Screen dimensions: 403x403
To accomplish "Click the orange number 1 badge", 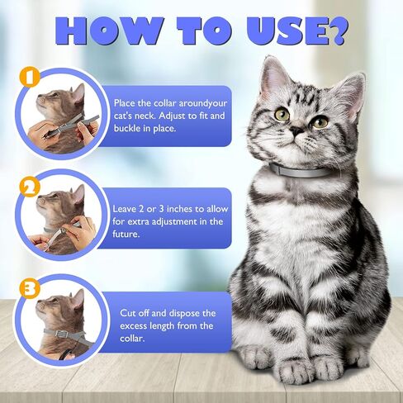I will tap(31, 78).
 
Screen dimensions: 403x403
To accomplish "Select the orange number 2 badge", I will tap(31, 187).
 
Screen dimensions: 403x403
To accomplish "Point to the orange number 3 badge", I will tap(31, 289).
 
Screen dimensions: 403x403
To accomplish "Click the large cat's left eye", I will tap(282, 115).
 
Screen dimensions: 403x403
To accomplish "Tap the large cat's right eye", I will tap(320, 121).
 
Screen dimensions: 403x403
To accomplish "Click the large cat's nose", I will tap(295, 133).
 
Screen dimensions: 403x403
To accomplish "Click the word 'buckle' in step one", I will tap(129, 130).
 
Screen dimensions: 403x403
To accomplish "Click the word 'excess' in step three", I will tap(135, 325).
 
